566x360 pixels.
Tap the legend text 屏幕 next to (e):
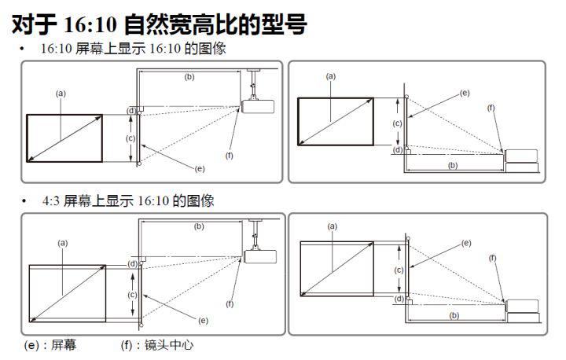[63, 345]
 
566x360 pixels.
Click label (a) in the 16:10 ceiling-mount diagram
[61, 93]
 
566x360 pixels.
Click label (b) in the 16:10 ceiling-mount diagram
[189, 76]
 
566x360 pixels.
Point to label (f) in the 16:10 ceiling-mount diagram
[230, 156]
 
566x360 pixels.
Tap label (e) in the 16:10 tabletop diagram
[465, 93]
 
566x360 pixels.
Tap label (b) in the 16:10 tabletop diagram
[453, 166]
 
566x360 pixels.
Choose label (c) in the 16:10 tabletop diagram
[398, 123]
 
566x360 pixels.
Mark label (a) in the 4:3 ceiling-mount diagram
[62, 243]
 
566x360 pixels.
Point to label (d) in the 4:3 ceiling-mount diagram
[132, 263]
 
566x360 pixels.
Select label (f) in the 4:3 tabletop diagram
[493, 258]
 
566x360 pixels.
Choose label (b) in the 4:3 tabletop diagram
[453, 315]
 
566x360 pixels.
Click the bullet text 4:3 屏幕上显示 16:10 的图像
[128, 200]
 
